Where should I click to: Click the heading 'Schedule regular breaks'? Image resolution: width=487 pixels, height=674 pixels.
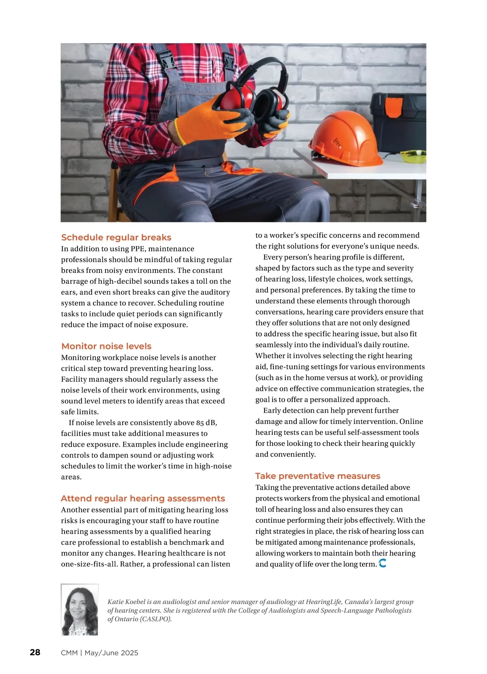point(116,238)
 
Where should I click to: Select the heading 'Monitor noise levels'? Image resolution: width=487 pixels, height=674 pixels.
point(106,346)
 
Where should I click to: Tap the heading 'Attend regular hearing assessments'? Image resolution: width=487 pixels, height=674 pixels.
point(143,499)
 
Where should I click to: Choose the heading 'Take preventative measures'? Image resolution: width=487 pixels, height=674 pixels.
point(318,476)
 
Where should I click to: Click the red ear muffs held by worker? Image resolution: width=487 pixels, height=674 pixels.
point(252,99)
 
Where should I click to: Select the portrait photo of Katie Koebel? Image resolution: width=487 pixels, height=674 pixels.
point(80,610)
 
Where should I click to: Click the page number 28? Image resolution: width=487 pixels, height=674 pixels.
point(35,652)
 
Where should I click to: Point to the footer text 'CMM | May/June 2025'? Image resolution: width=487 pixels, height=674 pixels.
point(99,653)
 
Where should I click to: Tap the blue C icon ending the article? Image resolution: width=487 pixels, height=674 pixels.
point(382,563)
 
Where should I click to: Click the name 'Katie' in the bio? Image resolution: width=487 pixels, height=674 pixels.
point(116,602)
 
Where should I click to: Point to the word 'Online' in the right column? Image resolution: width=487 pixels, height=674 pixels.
point(411,421)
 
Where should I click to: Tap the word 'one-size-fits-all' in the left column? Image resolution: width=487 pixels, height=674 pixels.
point(89,564)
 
